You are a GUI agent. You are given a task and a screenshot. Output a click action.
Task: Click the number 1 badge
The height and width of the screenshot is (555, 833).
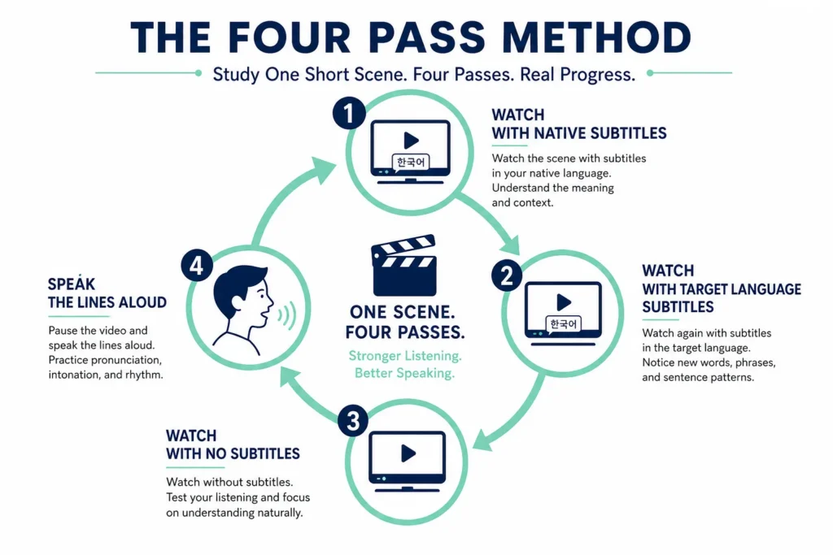349,113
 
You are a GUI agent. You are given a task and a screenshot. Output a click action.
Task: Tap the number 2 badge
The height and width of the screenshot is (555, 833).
507,275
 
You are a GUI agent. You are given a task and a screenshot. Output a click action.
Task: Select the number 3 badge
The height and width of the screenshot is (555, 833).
353,421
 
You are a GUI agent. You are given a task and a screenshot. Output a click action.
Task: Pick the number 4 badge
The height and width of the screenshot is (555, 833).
197,265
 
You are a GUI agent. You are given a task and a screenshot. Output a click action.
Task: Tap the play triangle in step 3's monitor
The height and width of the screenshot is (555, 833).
408,453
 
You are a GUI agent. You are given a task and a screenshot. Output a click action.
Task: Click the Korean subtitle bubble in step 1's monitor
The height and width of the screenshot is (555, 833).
411,163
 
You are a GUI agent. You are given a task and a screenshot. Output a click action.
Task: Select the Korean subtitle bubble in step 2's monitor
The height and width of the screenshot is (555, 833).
563,323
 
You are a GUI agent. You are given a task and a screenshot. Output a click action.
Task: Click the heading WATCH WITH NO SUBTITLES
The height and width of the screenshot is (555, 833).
233,444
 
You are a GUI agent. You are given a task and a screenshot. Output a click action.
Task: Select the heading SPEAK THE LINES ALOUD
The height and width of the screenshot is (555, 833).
107,293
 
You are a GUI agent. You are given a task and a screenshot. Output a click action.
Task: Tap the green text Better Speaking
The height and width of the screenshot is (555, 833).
404,373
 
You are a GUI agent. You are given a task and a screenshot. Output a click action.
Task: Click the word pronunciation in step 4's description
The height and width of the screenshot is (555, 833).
126,360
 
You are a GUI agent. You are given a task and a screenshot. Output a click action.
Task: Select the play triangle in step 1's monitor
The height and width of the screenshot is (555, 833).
411,141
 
